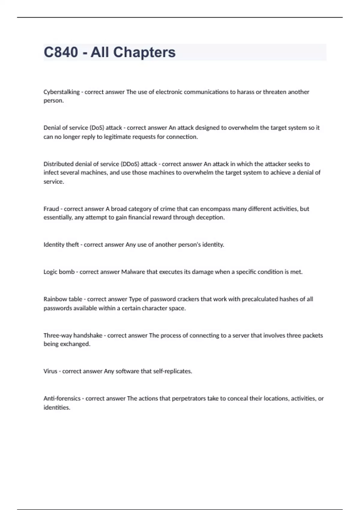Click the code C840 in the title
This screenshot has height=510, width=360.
pos(61,52)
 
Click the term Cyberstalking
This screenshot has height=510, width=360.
pos(61,92)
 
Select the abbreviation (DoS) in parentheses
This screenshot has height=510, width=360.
pos(97,128)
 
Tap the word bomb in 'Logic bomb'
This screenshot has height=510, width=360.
pos(67,272)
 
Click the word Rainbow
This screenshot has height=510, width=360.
pos(55,299)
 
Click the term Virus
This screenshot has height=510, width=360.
pos(50,371)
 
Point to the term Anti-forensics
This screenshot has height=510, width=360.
pos(62,398)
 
